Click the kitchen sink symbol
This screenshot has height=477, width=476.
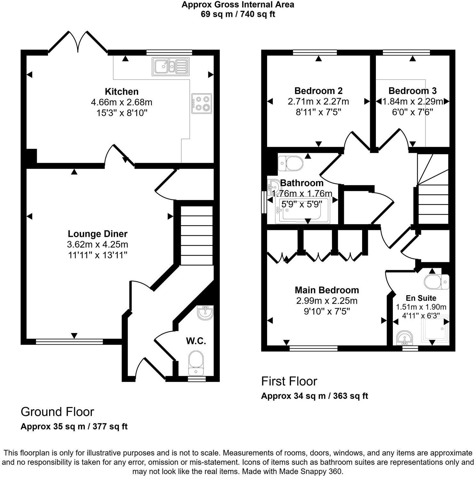171,67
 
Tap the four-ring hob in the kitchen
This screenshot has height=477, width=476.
202,103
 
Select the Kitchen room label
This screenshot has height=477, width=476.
122,91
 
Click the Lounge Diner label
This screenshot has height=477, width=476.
98,234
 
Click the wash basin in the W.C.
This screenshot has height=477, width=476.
205,313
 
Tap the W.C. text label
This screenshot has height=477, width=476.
196,341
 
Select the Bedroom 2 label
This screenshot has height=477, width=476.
318,91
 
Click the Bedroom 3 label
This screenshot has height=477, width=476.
412,91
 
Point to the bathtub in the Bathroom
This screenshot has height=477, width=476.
301,215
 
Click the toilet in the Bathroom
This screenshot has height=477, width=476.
291,163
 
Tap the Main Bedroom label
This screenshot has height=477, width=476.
327,290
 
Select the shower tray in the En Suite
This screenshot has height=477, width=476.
435,330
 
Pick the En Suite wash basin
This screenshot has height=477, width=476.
405,338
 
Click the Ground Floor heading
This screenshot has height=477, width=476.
57,412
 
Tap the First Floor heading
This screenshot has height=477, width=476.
289,381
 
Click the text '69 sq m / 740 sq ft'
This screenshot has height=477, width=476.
238,14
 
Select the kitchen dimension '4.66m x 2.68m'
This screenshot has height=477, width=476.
122,102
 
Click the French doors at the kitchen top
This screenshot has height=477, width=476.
78,42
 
